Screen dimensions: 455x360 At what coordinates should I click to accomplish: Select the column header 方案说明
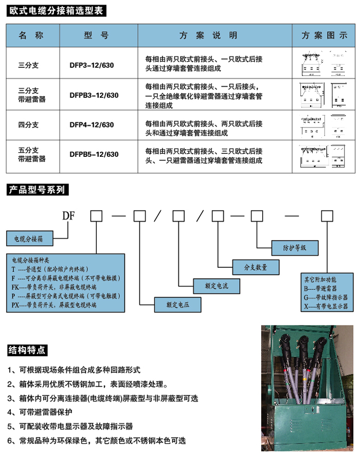click(208, 35)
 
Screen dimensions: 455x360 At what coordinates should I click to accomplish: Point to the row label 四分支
click(29, 125)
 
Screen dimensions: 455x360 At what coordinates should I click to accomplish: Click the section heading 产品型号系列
click(37, 190)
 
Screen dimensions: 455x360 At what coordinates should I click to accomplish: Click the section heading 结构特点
click(27, 351)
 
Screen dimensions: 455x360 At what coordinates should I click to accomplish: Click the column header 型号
click(96, 35)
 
